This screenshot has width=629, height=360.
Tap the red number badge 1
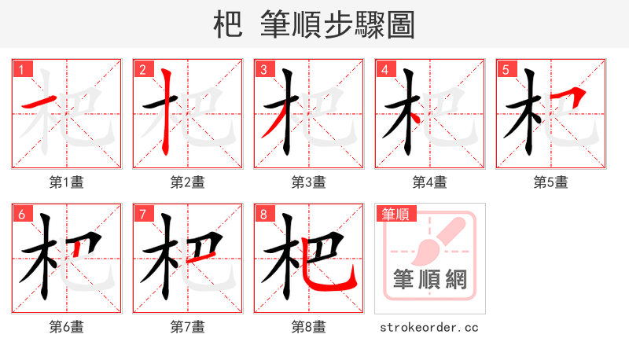[21, 70]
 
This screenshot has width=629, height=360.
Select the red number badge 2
[142, 70]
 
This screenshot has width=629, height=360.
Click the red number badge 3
[263, 70]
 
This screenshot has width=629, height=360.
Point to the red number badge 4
[384, 70]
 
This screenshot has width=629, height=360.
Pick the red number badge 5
[506, 70]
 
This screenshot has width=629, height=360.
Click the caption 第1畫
[66, 182]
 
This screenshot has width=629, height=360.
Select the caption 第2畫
[187, 182]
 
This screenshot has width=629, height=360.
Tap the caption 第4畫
[429, 182]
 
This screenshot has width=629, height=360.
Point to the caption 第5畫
[550, 182]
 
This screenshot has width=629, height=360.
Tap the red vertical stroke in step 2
[166, 110]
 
